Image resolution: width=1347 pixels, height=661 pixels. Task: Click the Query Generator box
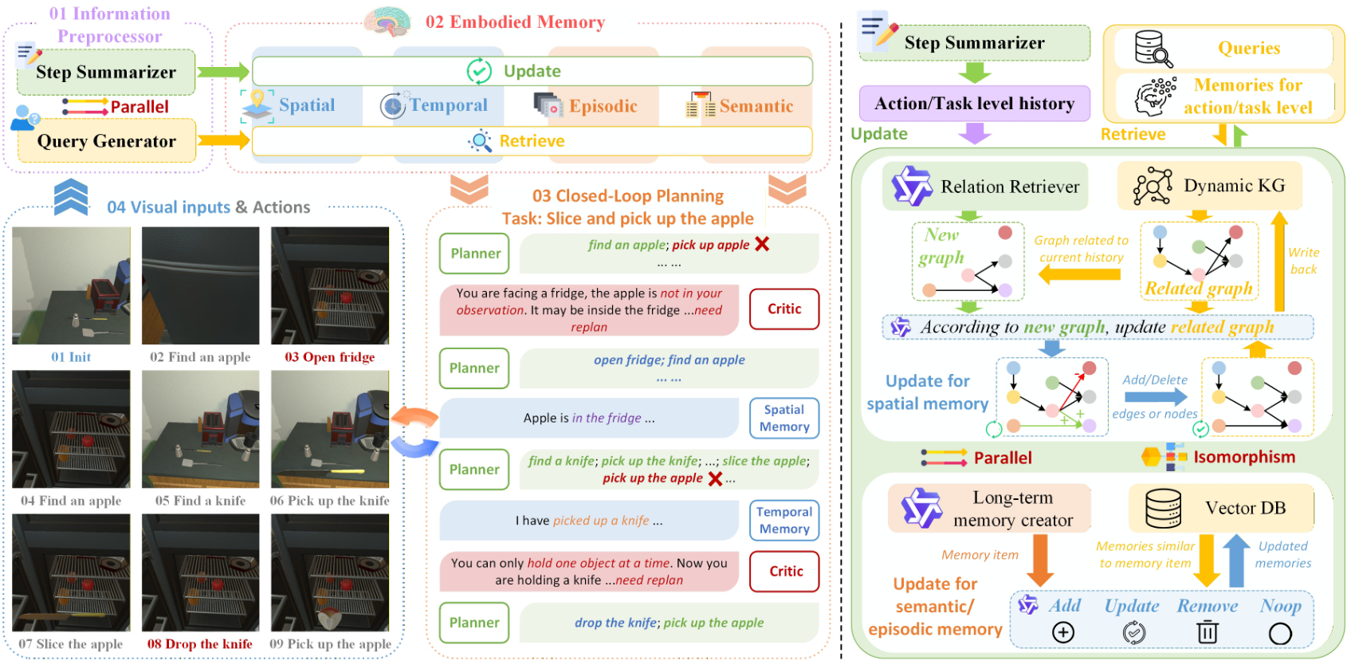click(x=107, y=141)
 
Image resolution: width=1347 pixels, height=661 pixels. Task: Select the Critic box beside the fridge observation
click(x=783, y=309)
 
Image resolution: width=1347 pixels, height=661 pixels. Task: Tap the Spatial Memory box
click(x=783, y=418)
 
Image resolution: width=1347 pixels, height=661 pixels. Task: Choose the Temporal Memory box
click(x=783, y=520)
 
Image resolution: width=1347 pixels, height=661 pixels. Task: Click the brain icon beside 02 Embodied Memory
click(x=387, y=22)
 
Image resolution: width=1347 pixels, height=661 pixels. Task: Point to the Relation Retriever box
click(x=985, y=187)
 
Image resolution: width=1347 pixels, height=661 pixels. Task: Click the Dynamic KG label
click(x=1234, y=186)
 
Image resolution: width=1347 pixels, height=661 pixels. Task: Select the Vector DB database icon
click(x=1163, y=509)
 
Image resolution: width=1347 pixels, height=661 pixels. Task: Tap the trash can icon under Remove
click(x=1207, y=632)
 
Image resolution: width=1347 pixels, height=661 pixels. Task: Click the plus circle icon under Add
click(x=1063, y=632)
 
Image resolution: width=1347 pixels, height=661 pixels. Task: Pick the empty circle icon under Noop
click(x=1280, y=633)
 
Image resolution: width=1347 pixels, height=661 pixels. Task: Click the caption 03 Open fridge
click(x=330, y=357)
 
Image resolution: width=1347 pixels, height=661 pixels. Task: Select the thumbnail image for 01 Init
click(x=71, y=285)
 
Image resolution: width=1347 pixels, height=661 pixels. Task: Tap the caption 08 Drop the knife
click(x=199, y=644)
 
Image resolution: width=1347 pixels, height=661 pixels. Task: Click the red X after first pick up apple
click(x=762, y=244)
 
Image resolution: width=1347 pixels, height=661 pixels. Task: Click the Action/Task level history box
click(x=974, y=104)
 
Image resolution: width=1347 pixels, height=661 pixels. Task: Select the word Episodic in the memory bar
click(x=603, y=106)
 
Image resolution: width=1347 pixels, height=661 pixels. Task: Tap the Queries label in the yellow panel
click(x=1248, y=49)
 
